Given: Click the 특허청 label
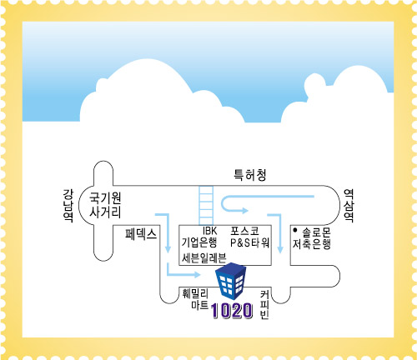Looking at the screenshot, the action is [250, 175].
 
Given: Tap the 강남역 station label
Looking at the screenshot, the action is [68, 206].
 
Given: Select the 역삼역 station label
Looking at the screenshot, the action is [349, 206].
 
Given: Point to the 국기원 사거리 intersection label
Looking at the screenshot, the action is [105, 205].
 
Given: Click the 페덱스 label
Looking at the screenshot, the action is [141, 234].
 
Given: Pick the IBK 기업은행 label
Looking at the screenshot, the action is [199, 237].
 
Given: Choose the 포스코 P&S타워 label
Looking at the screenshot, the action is [249, 237].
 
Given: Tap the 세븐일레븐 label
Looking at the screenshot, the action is [203, 258].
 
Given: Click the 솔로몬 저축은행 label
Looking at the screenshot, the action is [312, 238].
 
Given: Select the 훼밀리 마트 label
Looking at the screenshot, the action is [195, 299].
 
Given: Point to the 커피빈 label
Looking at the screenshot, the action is [264, 305].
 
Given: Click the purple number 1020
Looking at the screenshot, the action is [232, 311].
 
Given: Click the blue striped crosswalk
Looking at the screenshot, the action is [206, 205].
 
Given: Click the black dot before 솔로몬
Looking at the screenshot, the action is [295, 230].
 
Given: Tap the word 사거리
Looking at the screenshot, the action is [105, 212].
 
